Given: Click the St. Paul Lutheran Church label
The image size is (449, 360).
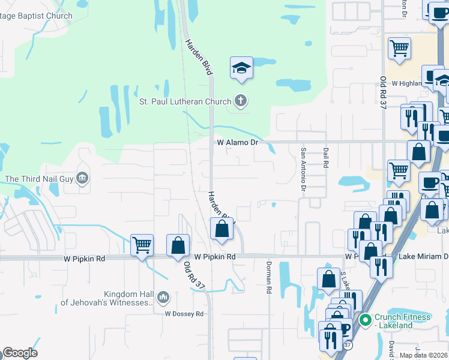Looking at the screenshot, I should coord(185,101).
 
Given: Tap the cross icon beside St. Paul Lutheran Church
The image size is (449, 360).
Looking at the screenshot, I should coord(241,101).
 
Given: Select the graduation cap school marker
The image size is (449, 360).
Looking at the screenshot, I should coord(241,68).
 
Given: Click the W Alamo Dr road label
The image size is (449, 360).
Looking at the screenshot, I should coord(237,142).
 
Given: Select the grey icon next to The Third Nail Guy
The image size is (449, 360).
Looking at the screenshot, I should coord(83,178).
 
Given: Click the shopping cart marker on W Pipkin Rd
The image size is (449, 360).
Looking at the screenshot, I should coord(142,245).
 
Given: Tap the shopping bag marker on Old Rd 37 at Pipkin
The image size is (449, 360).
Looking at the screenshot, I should coord(178,245).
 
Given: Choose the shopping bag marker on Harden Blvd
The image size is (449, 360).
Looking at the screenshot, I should coord(221,229).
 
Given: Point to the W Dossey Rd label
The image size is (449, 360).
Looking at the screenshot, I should coord(184,314).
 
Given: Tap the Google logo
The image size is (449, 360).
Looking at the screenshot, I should coord(20,353).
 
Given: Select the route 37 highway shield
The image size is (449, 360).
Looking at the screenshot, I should coord(348,345).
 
